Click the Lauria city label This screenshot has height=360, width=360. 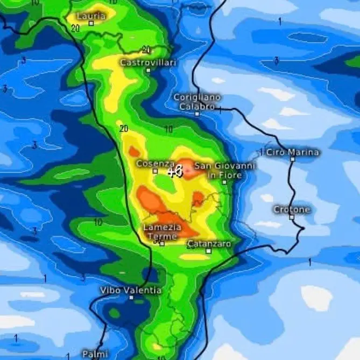point(91,16)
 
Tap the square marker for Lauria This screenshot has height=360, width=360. point(91,23)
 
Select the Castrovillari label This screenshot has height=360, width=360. point(148,63)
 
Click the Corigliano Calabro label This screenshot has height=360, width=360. point(197,101)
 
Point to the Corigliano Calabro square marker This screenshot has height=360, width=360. point(197,114)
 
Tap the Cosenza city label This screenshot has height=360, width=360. point(155,163)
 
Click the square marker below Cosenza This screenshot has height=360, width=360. point(155,171)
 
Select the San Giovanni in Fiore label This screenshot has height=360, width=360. point(224,170)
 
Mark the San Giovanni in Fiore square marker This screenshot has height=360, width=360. point(224,182)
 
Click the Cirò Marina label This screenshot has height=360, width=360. point(292,152)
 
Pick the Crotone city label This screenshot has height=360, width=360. point(292,209)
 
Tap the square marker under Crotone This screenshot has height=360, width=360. point(292,217)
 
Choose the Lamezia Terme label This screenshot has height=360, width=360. point(162,231)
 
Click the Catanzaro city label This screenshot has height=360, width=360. point(209,244)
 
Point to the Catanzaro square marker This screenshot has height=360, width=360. point(209,251)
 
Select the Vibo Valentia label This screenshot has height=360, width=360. point(131,290)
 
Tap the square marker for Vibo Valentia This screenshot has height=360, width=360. point(131,298)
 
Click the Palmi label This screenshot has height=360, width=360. point(95,354)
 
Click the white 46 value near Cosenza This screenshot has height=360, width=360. point(175,172)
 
